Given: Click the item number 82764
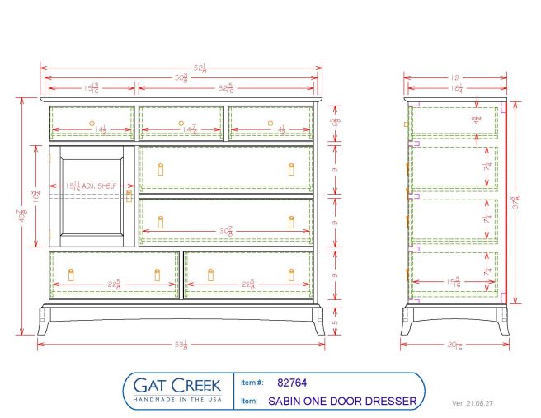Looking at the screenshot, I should (x=293, y=383).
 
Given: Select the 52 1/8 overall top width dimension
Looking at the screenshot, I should (x=180, y=67).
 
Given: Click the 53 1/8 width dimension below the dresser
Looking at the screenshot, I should (x=180, y=344).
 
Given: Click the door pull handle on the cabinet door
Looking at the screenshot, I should (x=129, y=196).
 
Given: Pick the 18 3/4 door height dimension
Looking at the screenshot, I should (x=36, y=196).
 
